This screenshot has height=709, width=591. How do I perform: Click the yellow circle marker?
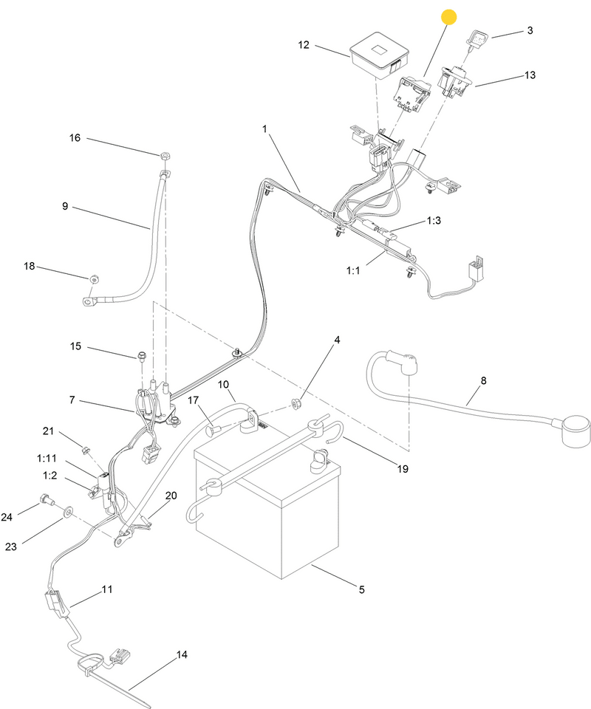(x=448, y=17)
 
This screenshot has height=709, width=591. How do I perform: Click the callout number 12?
(x=304, y=45)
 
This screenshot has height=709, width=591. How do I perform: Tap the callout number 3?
(x=530, y=30)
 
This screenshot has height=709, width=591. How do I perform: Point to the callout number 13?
(x=530, y=75)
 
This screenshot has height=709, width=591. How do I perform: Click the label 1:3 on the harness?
(x=434, y=220)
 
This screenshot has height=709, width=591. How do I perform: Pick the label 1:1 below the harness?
(x=353, y=270)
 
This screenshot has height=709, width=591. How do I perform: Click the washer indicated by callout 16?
(x=165, y=156)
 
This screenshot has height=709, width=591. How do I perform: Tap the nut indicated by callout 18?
(x=94, y=278)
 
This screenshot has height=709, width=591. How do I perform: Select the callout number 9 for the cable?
(x=65, y=206)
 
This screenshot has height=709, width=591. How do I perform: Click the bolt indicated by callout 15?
(x=141, y=357)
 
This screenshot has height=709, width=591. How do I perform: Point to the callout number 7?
(x=72, y=400)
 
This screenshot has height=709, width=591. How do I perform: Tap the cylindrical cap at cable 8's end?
(x=576, y=432)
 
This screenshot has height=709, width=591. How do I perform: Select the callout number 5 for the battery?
(x=362, y=589)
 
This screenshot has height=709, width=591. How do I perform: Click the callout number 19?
(x=403, y=469)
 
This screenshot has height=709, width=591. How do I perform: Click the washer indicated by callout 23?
(x=68, y=511)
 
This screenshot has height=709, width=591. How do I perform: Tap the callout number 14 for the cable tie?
(x=181, y=654)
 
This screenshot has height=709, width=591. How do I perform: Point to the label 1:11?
(x=47, y=459)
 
